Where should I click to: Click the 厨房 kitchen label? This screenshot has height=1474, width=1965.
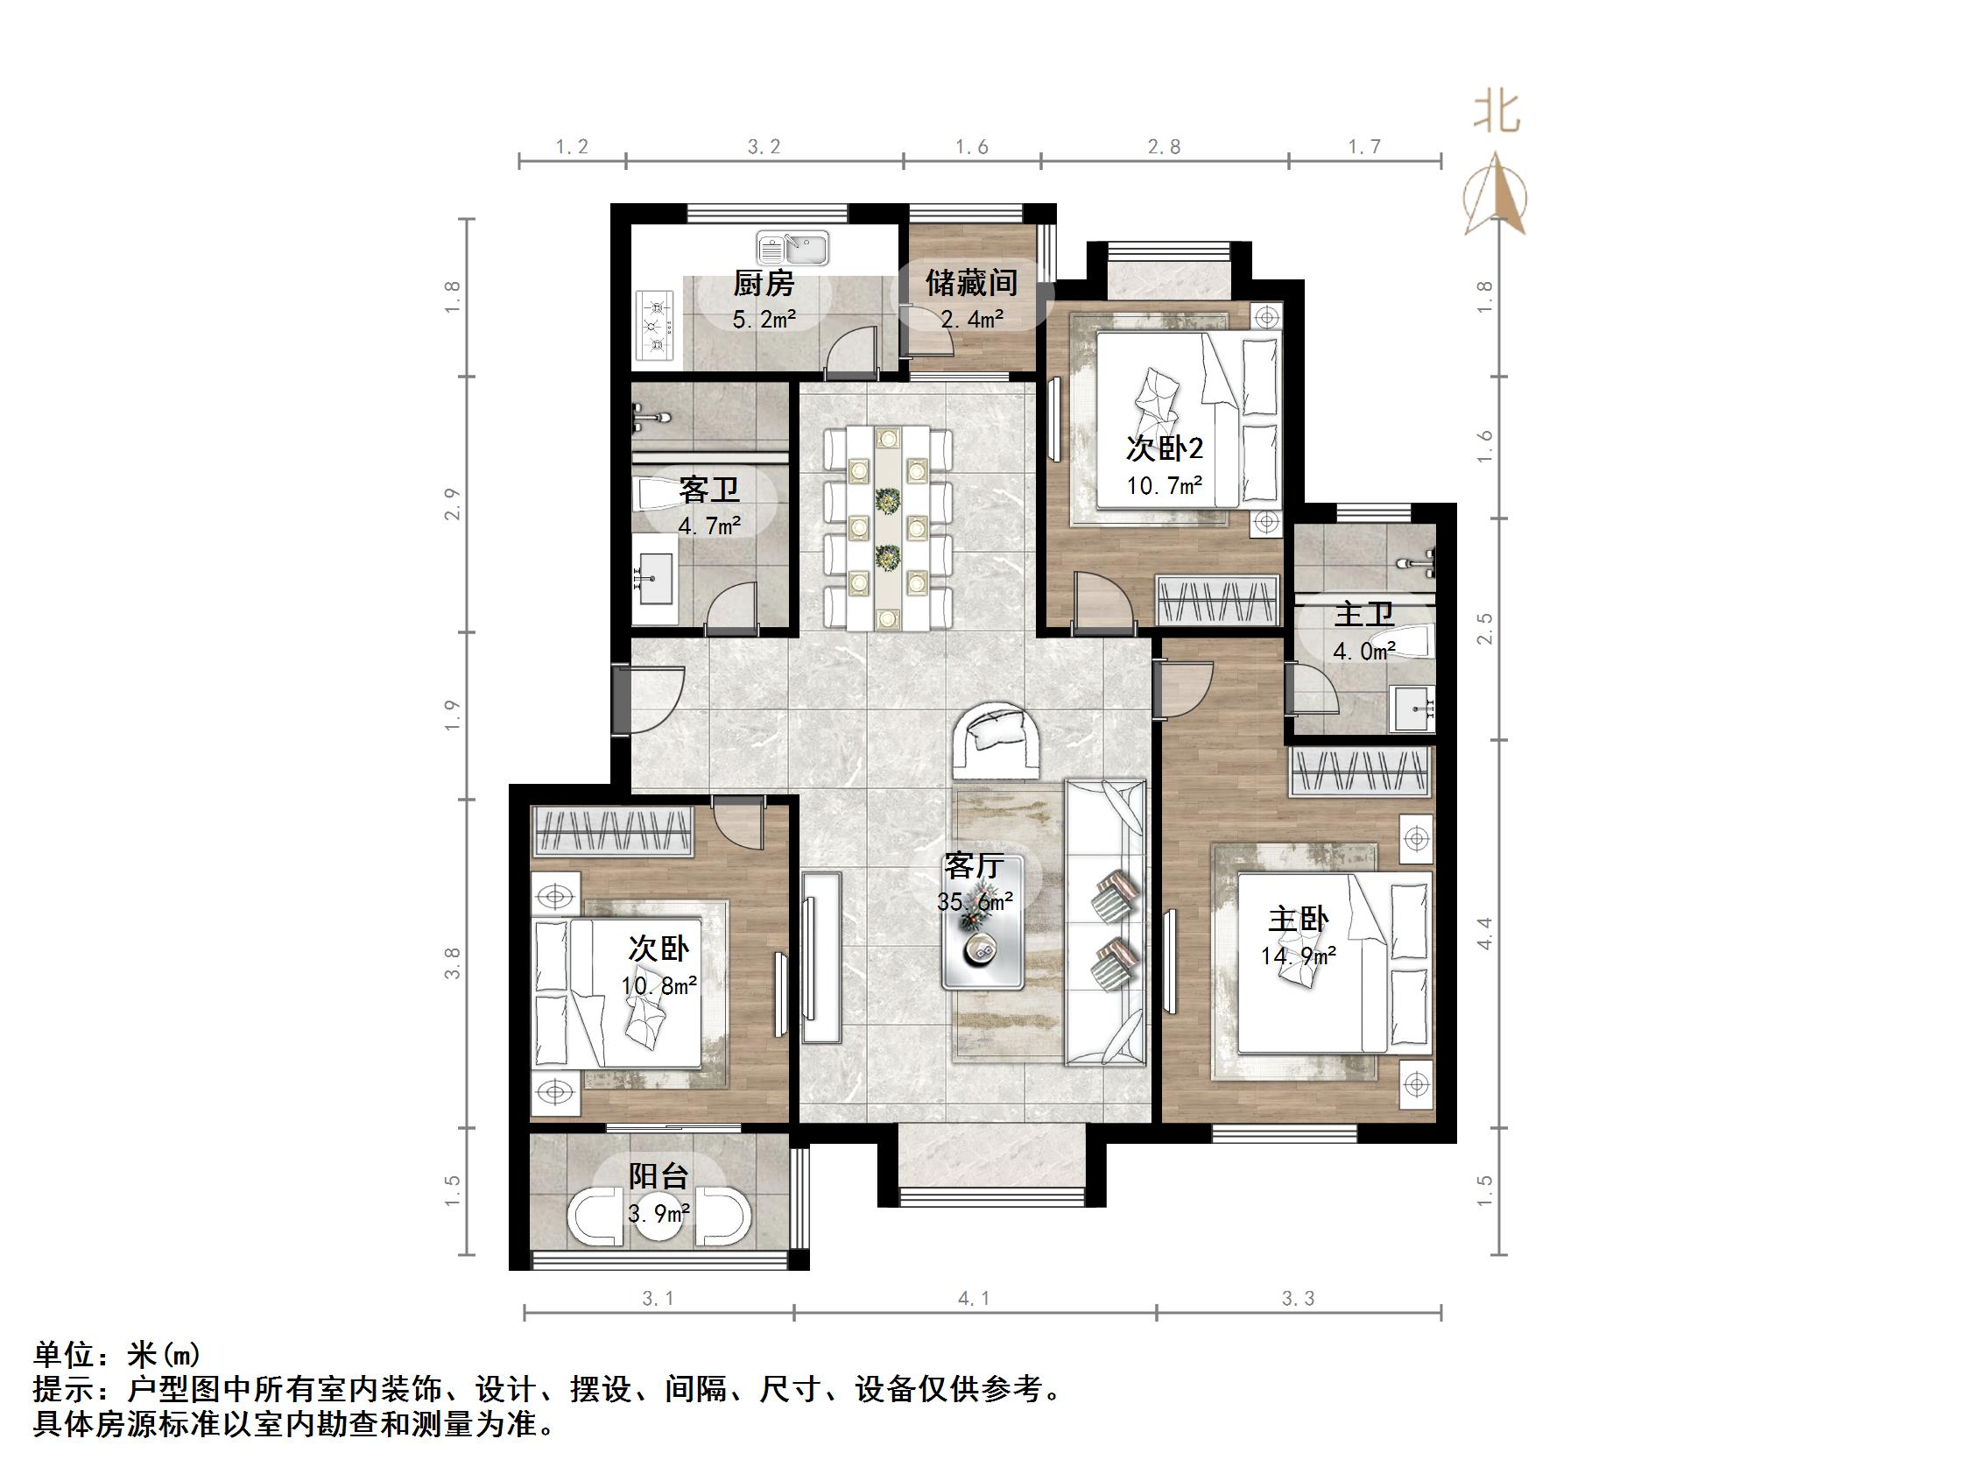tap(763, 284)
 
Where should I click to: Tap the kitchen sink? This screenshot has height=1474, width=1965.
tap(793, 248)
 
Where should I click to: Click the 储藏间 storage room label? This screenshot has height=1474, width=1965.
tap(971, 284)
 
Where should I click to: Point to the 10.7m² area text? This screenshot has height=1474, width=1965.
tap(1165, 486)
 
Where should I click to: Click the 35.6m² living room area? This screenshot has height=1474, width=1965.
tap(975, 902)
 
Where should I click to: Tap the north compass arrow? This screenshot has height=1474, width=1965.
tap(1497, 195)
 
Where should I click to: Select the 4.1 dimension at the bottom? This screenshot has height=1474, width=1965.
tap(974, 1299)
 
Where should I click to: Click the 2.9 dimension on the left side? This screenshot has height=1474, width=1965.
tap(453, 504)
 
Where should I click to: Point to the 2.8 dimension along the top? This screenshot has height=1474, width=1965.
tap(1164, 146)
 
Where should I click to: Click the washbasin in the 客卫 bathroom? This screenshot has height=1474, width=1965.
tap(655, 578)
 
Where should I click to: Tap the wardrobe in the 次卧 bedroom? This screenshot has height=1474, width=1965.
tap(612, 832)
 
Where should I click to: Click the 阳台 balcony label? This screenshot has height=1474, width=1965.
tap(659, 1176)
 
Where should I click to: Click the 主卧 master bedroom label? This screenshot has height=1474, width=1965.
tap(1298, 920)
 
